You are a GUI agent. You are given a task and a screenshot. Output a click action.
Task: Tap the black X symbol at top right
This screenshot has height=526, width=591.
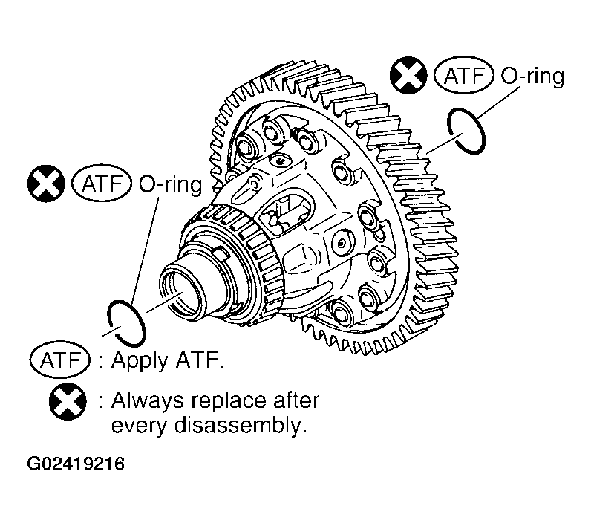click(x=408, y=74)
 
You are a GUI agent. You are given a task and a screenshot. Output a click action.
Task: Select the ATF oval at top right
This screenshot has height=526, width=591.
click(x=463, y=76)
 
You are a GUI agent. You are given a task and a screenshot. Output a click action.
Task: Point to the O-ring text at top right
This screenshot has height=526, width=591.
click(x=532, y=77)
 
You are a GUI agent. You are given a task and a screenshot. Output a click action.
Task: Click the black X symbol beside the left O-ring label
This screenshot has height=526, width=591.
click(x=46, y=184)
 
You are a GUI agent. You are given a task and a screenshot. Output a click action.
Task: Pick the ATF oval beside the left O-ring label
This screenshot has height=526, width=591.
click(x=102, y=184)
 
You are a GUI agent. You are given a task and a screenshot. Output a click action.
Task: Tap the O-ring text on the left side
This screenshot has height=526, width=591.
click(x=170, y=185)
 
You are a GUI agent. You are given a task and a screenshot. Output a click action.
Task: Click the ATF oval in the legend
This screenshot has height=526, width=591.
click(x=60, y=360)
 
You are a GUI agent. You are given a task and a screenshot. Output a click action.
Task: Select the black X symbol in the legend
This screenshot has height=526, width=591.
click(x=68, y=402)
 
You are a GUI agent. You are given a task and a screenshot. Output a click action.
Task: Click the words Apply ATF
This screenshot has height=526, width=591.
click(x=168, y=361)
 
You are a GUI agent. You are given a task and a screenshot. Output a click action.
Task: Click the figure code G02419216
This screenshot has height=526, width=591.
click(x=76, y=464)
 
